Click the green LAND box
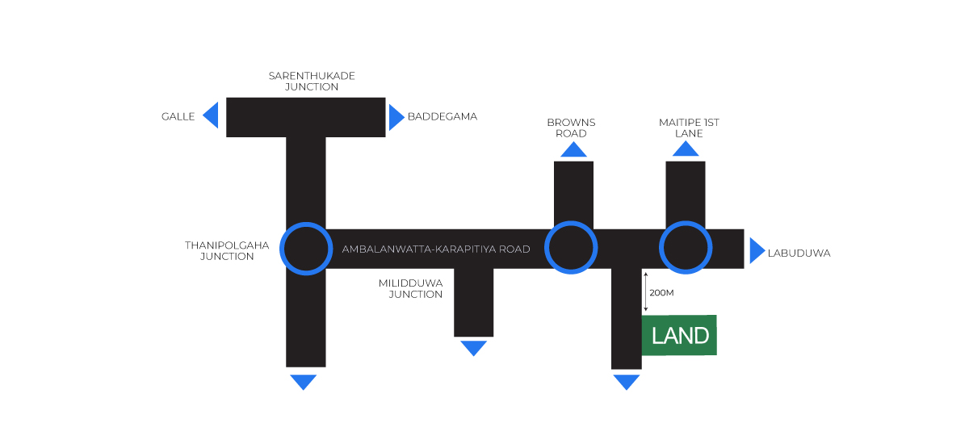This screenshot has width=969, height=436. [679, 335]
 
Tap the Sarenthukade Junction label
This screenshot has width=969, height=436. [312, 81]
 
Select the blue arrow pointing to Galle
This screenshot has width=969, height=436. [212, 115]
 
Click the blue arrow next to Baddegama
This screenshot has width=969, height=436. [396, 117]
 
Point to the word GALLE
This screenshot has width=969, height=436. [178, 116]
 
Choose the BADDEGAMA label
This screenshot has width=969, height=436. [443, 116]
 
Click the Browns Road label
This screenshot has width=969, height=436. [571, 128]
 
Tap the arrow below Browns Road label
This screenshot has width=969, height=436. [573, 149]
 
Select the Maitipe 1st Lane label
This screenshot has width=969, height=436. [689, 128]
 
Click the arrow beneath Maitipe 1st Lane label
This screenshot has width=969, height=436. [686, 149]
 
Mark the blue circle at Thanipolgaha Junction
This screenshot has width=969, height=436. [306, 249]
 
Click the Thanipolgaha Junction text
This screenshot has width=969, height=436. [220, 250]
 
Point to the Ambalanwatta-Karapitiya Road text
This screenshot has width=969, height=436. [436, 249]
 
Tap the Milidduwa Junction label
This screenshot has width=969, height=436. [411, 288]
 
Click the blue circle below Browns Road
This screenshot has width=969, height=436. [571, 248]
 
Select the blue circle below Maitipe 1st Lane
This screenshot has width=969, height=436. [686, 248]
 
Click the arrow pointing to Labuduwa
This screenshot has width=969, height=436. [756, 250]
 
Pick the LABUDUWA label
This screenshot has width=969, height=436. [799, 253]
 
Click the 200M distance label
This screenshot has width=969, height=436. [661, 292]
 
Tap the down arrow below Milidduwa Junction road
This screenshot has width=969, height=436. [474, 348]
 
